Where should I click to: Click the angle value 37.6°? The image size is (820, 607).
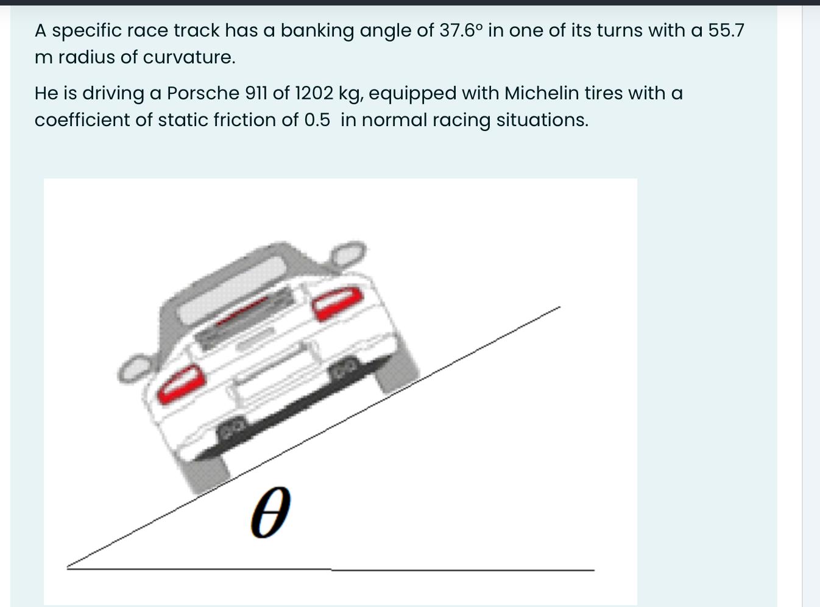461,30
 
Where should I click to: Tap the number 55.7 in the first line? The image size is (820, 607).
726,30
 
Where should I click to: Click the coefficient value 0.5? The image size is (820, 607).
317,120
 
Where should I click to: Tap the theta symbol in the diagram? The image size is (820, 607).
269,512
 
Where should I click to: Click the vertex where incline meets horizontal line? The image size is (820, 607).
69,567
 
